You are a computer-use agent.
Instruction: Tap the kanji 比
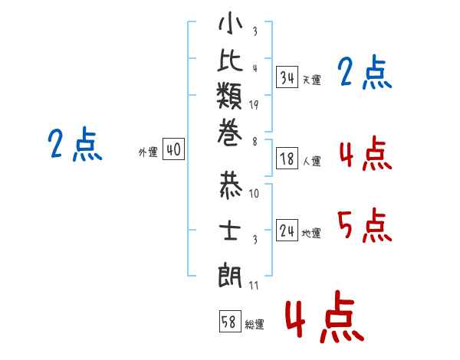(230, 60)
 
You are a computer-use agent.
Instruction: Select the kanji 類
(229, 95)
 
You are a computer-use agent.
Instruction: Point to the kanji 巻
(230, 133)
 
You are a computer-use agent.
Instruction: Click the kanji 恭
(231, 185)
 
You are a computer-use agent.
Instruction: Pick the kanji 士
(230, 230)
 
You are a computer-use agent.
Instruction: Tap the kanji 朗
(230, 275)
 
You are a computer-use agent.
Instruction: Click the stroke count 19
(254, 105)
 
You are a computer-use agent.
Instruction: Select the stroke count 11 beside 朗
(254, 285)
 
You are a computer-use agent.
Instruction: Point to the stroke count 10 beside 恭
(254, 193)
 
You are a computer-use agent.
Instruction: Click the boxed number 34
(287, 77)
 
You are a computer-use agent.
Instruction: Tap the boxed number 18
(287, 159)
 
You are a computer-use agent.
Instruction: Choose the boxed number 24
(287, 230)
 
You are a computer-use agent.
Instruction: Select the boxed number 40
(174, 149)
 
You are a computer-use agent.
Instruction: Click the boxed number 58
(230, 321)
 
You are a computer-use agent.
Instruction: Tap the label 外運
(148, 152)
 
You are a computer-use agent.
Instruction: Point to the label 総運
(255, 324)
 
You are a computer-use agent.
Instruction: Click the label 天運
(312, 80)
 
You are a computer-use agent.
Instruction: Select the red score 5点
(365, 225)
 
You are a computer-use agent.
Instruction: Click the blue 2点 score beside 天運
(365, 72)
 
